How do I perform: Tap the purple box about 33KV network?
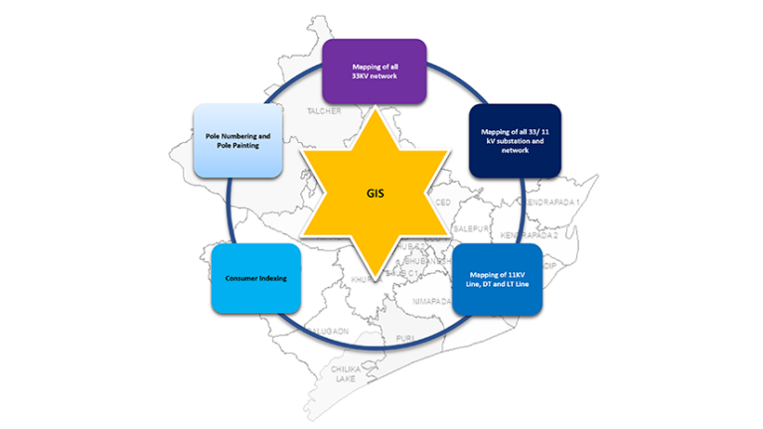[381, 71]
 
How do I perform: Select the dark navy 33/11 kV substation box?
[515, 140]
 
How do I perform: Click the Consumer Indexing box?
[254, 278]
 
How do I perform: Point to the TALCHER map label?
[324, 111]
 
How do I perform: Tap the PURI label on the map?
[405, 338]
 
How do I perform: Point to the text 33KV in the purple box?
[364, 75]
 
